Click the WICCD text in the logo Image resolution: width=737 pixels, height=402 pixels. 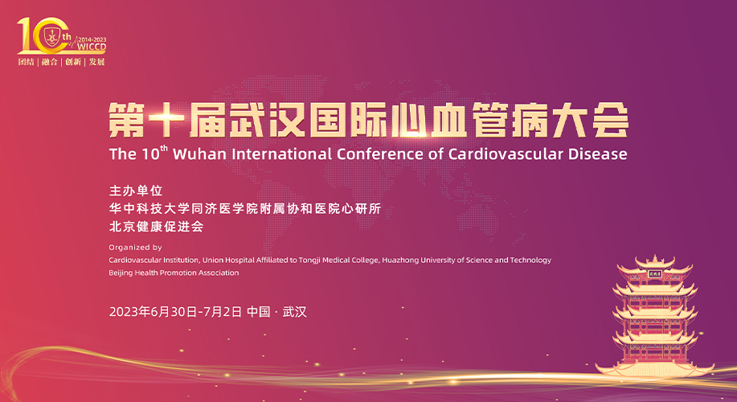[92, 47]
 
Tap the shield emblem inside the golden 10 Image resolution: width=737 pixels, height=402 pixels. [51, 36]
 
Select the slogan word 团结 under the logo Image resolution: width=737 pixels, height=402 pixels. [27, 62]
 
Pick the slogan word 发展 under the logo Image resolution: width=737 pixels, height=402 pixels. [96, 62]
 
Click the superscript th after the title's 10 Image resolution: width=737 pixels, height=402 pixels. [164, 148]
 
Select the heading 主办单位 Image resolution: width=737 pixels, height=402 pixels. [136, 191]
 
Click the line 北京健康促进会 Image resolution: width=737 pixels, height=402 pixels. [156, 226]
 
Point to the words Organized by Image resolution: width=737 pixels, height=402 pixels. [135, 248]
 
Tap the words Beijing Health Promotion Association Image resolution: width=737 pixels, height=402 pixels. [174, 273]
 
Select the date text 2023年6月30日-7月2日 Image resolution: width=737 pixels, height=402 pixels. [175, 312]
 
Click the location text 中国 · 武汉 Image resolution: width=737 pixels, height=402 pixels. [276, 312]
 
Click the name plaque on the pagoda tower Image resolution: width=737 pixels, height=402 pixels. [654, 274]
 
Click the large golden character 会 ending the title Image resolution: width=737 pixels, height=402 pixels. [611, 120]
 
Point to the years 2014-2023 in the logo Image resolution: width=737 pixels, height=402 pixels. [92, 39]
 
